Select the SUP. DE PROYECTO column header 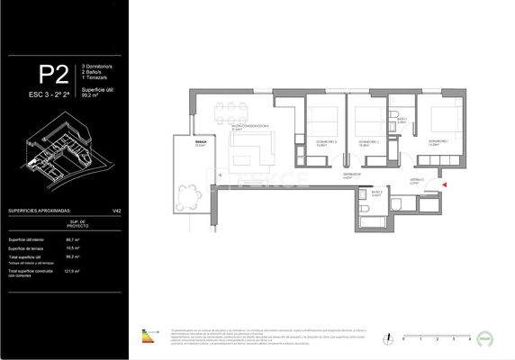[x=77, y=225]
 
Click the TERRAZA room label [x=202, y=144]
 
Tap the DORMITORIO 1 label [x=438, y=143]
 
